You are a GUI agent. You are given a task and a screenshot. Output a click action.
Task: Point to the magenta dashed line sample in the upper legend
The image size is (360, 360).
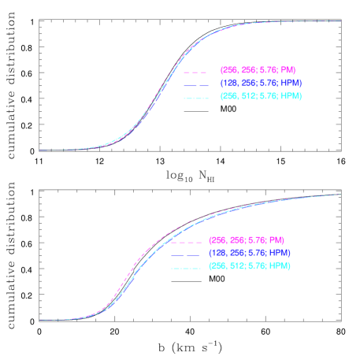[195, 69]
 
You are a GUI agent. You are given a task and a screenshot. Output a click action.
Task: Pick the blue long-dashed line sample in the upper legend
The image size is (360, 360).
[195, 84]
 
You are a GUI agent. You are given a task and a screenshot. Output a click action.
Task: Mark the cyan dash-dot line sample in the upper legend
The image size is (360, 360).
[195, 97]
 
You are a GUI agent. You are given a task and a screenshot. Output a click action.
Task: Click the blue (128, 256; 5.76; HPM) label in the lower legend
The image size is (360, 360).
[249, 253]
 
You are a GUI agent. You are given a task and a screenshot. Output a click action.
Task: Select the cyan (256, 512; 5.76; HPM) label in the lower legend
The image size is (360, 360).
[249, 266]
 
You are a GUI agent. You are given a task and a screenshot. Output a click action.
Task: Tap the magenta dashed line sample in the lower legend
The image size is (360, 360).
[184, 240]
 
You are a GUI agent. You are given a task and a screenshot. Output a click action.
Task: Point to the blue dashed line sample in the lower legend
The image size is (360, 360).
[184, 254]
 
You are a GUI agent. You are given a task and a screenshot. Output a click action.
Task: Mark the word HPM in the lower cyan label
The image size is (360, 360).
[280, 266]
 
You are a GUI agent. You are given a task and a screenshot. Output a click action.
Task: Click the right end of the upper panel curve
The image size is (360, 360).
[340, 21]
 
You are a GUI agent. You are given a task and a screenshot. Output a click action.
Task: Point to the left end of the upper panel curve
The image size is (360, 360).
[39, 150]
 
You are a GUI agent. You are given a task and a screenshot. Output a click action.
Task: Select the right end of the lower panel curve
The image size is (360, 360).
[340, 194]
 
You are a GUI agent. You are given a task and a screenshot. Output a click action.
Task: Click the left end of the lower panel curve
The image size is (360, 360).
[39, 321]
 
